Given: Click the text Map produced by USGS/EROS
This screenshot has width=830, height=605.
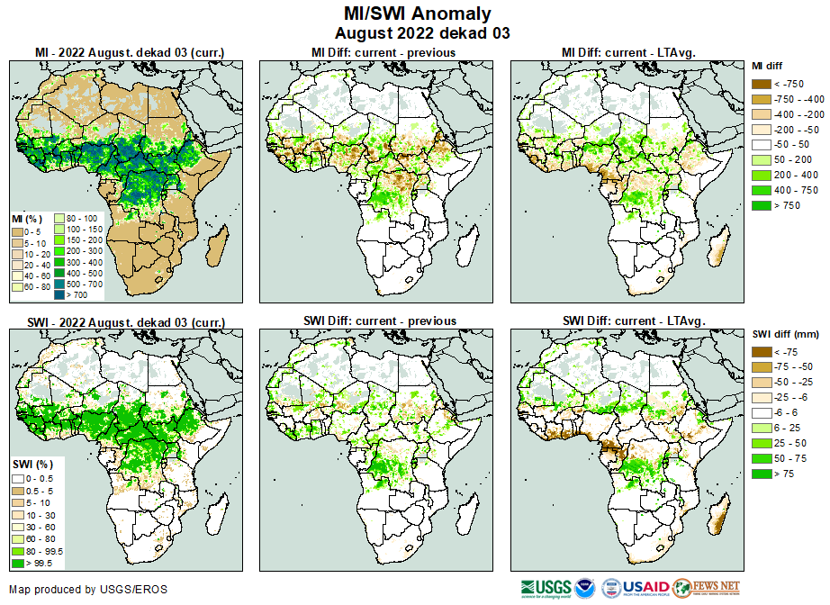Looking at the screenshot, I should coord(88,590).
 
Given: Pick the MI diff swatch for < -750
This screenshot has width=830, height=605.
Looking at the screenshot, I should coord(761,84).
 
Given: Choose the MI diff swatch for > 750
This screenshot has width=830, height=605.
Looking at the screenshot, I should coord(761,206).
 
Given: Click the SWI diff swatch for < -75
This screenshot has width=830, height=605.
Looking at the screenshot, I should coord(761,352).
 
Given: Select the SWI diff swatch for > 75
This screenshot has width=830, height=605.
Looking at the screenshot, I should coord(761,473).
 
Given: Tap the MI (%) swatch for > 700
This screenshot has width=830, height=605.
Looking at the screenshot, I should coord(63,294).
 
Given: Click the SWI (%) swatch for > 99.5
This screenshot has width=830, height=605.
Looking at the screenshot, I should coord(19,563).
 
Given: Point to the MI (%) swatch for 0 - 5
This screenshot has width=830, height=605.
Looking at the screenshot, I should coord(19,231).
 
